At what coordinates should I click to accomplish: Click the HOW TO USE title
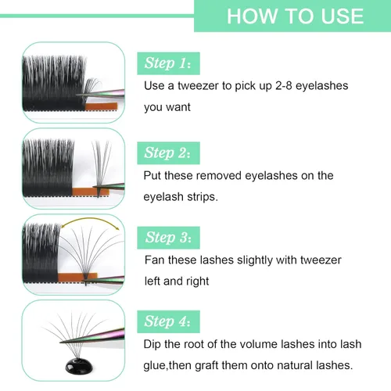(x=295, y=16)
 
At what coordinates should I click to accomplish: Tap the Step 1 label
(x=173, y=63)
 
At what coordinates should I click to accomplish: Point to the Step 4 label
(x=173, y=321)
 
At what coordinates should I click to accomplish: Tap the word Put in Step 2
(x=154, y=176)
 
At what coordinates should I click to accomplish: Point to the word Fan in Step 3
(x=156, y=259)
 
